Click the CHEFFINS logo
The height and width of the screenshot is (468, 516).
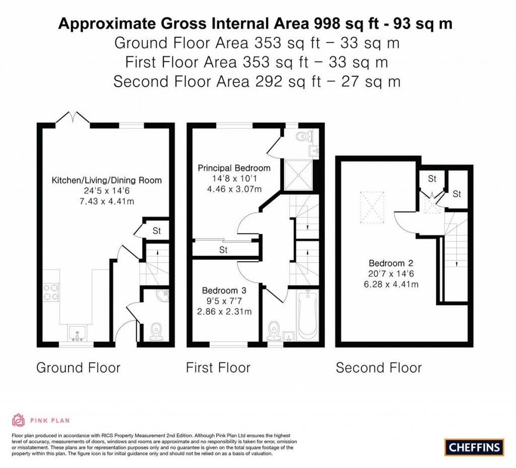click(474, 447)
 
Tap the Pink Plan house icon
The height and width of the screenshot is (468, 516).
click(18, 420)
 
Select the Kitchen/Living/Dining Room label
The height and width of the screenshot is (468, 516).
click(107, 180)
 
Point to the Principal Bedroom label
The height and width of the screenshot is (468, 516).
click(234, 168)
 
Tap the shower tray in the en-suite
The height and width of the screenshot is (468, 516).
click(299, 175)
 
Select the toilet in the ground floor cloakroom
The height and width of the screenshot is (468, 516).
click(156, 331)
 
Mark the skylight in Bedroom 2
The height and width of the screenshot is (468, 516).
click(374, 207)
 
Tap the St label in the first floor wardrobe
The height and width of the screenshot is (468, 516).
click(224, 250)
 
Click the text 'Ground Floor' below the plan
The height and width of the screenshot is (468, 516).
click(78, 368)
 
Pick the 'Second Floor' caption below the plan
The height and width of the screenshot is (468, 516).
click(378, 368)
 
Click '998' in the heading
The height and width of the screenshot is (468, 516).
click(329, 23)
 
